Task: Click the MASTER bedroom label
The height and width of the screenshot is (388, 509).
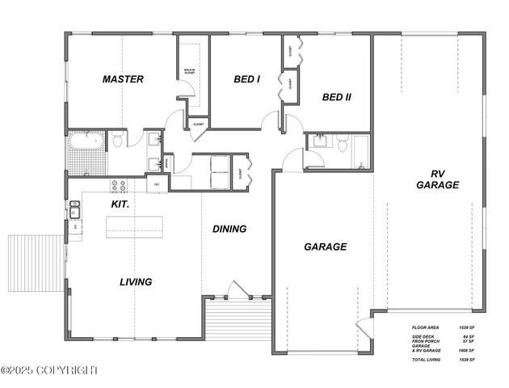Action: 123,79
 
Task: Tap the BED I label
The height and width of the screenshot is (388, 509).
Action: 246,79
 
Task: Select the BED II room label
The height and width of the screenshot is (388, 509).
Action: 336,98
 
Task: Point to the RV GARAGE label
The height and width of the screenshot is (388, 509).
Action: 437,179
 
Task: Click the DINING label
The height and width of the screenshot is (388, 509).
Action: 229,229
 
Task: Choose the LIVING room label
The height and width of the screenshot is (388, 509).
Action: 136,282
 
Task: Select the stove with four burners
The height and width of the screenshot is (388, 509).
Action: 119,186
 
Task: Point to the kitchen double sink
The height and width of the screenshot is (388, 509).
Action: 74,212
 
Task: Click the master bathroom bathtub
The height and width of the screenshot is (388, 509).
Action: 84,143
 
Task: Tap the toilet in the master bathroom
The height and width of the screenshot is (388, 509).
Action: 117,141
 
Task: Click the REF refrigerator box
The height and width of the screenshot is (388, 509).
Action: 158,185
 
